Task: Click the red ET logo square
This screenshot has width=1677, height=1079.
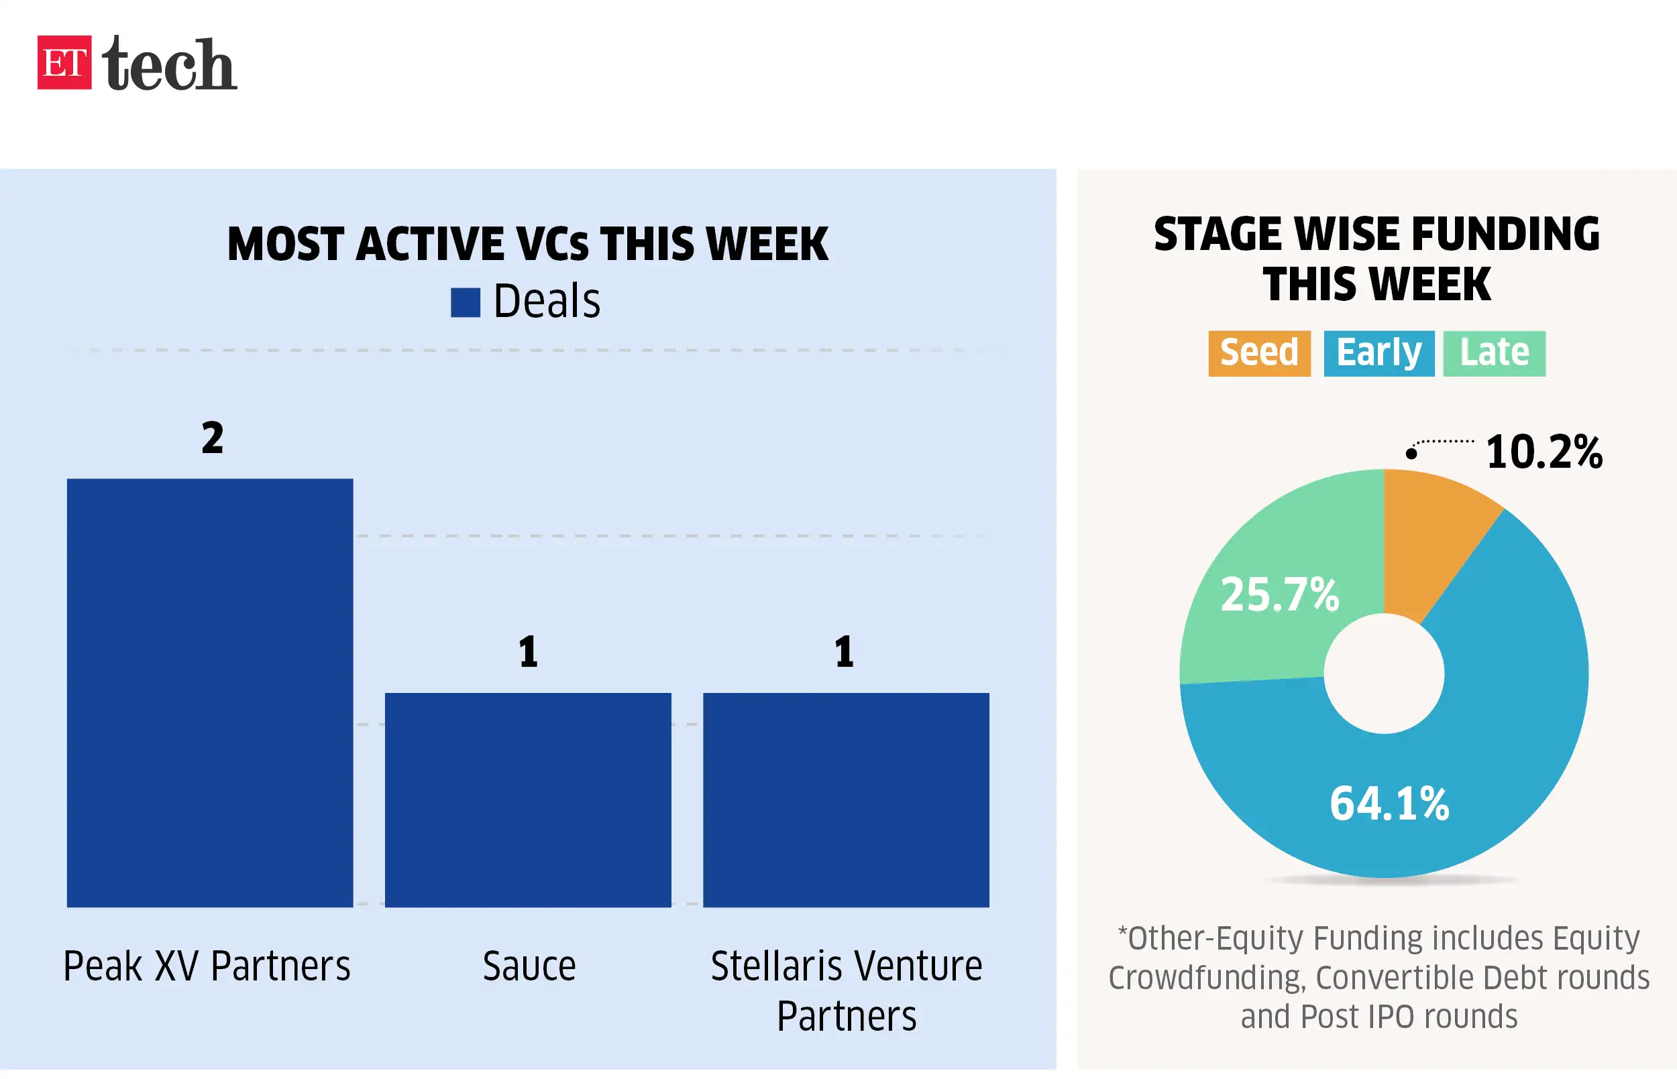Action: tap(64, 62)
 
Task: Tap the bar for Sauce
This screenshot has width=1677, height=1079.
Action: tap(527, 800)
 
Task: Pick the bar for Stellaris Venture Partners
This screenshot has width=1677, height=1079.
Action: tap(845, 800)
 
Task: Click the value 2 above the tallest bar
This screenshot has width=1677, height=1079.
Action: tap(213, 438)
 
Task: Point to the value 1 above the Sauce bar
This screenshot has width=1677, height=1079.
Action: tap(528, 651)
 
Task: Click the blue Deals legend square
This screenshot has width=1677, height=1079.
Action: tap(465, 303)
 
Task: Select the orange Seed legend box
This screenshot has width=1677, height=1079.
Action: tap(1258, 353)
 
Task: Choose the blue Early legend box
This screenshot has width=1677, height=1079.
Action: tap(1378, 353)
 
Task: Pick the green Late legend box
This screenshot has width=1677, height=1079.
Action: tap(1493, 353)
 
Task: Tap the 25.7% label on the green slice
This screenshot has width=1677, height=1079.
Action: tap(1279, 594)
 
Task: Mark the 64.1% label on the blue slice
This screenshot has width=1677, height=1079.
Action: tap(1389, 803)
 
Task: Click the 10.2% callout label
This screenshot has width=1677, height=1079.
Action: tap(1543, 451)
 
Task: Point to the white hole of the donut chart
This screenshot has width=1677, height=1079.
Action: tap(1383, 674)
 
